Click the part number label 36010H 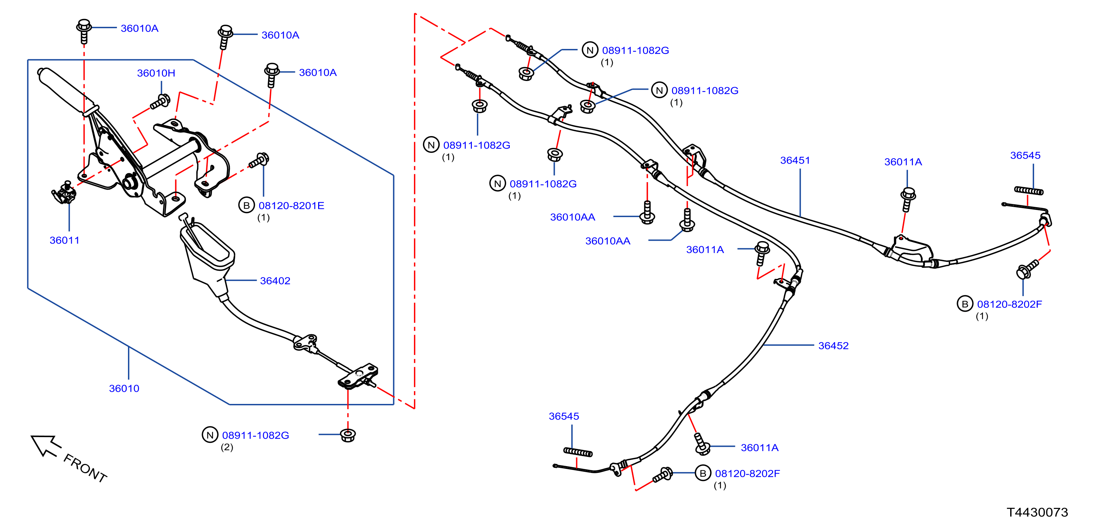pyautogui.click(x=156, y=73)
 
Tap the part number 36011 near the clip pyautogui.click(x=64, y=240)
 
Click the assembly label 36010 pyautogui.click(x=124, y=388)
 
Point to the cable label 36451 pyautogui.click(x=795, y=160)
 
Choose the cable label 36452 pyautogui.click(x=833, y=346)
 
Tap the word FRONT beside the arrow pyautogui.click(x=85, y=468)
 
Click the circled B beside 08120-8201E pyautogui.click(x=246, y=206)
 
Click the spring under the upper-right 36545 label pyautogui.click(x=1029, y=190)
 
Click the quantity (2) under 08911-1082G pyautogui.click(x=227, y=447)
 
